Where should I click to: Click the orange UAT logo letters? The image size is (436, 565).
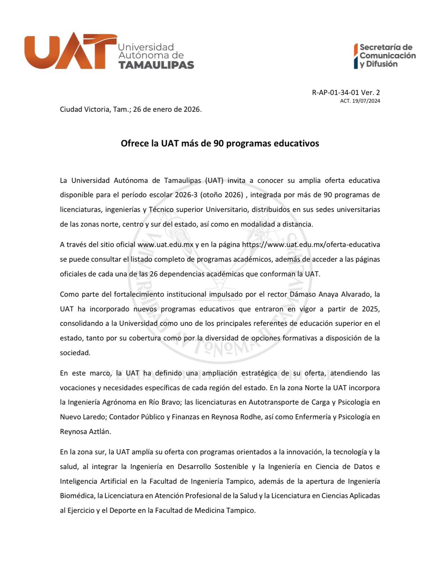point(70,51)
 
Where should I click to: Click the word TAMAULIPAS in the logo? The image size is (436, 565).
point(156,65)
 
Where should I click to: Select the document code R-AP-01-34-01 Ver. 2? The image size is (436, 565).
point(346,93)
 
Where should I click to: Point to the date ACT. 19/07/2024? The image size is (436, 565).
point(360,101)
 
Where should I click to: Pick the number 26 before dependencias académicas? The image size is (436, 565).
point(153,274)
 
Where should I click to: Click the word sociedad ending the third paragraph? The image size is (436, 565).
point(75,353)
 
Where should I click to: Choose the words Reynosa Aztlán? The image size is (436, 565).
point(85,432)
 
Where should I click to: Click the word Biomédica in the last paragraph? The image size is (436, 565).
point(77,496)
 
